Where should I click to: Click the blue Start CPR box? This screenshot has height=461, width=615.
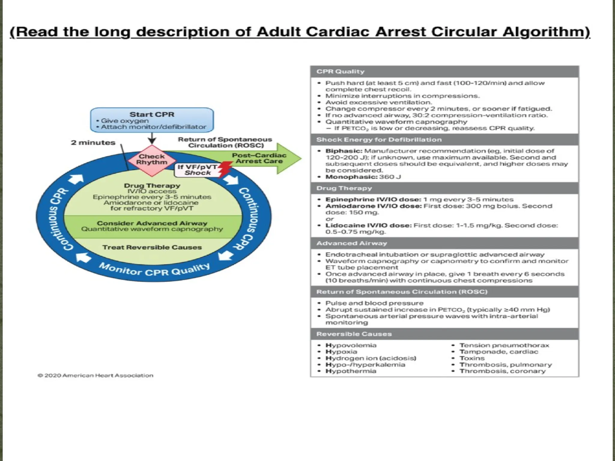click(x=152, y=120)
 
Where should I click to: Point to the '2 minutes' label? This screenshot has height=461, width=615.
click(x=93, y=143)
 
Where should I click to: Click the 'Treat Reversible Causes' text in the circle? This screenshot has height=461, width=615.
click(x=152, y=247)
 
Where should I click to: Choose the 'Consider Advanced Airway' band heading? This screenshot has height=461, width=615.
click(x=152, y=223)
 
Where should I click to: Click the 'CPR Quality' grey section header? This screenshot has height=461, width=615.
click(x=340, y=72)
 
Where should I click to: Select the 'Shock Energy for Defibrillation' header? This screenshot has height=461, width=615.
click(x=379, y=140)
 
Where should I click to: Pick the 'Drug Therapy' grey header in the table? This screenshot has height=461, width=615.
click(x=344, y=188)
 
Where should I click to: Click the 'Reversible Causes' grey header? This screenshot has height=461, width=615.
click(x=354, y=334)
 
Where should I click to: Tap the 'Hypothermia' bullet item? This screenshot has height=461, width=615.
click(x=351, y=371)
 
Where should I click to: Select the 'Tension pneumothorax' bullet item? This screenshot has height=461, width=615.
click(x=504, y=345)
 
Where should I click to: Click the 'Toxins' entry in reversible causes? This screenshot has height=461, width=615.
click(x=472, y=358)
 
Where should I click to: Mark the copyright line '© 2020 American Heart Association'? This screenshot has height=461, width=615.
click(x=95, y=375)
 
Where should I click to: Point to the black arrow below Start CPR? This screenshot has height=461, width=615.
click(x=152, y=139)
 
